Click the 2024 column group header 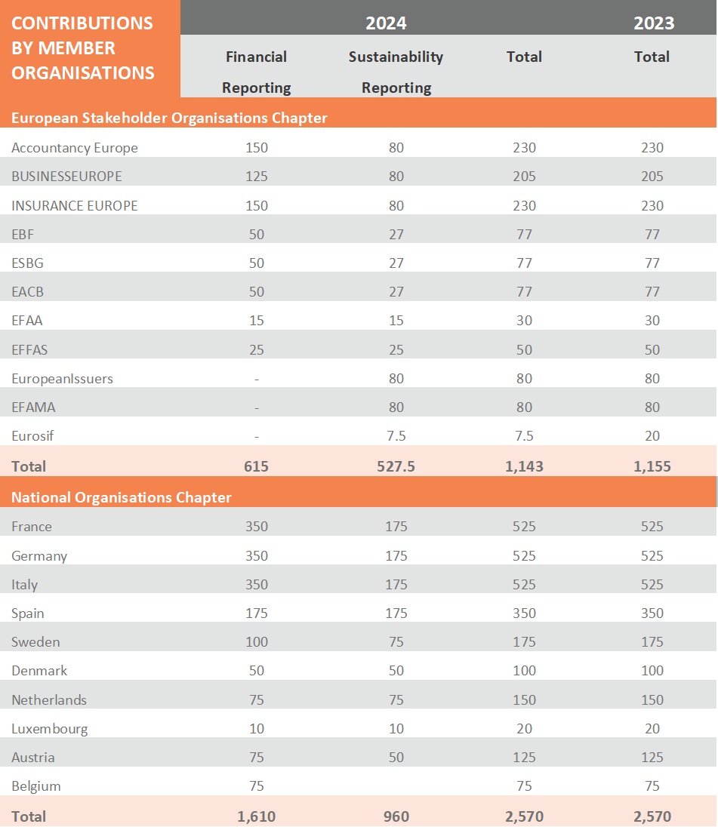point(386,23)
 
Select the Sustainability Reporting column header point(396,72)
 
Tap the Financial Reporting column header point(257,72)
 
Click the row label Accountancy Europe point(75,148)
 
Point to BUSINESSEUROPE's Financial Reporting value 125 point(257,177)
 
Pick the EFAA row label point(27,321)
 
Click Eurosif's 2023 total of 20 point(652,435)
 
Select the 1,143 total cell point(524,466)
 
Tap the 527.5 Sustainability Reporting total point(396,466)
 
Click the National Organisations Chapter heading point(122,497)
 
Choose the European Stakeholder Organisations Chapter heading point(169,118)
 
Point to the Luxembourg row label point(50,729)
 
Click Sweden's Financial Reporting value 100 point(257,642)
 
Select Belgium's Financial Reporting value point(257,786)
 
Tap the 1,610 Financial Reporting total point(257,816)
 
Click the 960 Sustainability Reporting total point(396,816)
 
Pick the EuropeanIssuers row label point(62,378)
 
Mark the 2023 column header point(654,23)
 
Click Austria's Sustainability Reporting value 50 point(396,758)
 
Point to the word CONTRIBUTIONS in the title point(82,23)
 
